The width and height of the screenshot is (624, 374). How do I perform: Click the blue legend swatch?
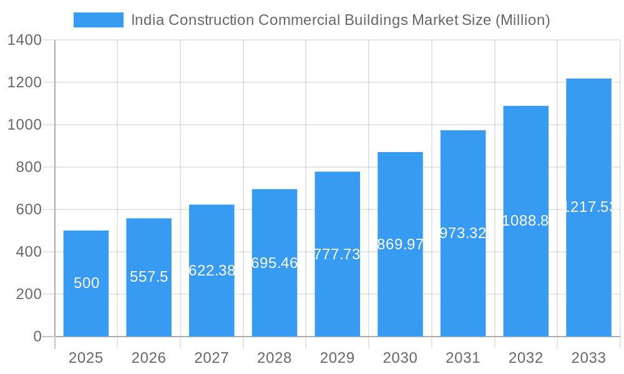(98, 20)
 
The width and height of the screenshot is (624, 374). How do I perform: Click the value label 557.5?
(149, 277)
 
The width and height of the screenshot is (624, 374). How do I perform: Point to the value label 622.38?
(212, 271)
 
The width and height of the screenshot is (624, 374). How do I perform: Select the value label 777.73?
(337, 254)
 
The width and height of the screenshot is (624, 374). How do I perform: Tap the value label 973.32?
(463, 233)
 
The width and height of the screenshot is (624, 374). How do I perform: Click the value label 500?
(86, 283)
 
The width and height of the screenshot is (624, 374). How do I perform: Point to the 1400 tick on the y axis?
(24, 41)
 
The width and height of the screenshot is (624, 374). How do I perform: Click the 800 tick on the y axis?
(29, 167)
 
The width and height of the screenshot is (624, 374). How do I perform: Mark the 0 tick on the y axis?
(37, 337)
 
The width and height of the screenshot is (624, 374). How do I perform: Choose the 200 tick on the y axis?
(29, 294)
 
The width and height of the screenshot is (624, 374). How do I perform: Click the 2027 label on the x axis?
(212, 358)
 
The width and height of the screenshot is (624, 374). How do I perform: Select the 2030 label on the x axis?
(400, 358)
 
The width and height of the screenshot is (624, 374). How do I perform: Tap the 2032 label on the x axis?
(525, 358)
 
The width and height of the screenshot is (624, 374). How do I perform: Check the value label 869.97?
(401, 244)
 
